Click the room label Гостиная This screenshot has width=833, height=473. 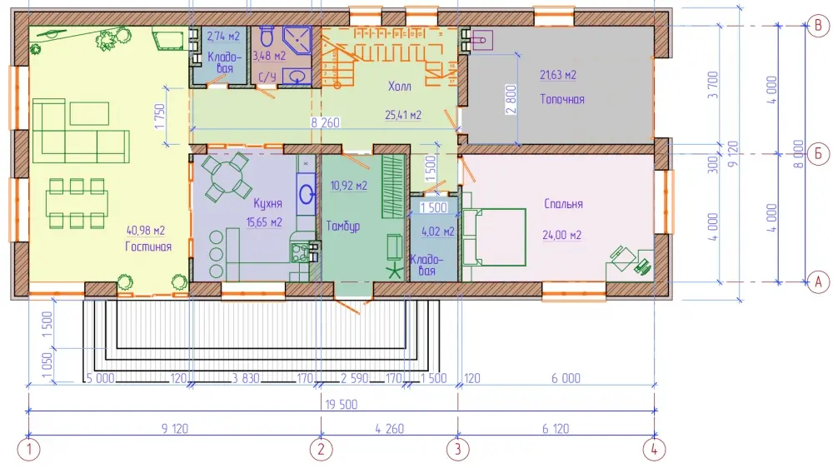point(148,246)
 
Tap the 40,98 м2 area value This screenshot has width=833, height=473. point(146,231)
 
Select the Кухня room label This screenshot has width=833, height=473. point(267,204)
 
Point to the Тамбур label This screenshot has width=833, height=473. point(343,227)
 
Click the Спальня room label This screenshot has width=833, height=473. point(563,204)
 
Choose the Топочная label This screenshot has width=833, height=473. point(562,99)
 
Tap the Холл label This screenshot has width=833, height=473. point(400,86)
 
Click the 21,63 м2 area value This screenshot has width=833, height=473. point(558,75)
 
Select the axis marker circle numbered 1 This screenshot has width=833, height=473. point(28,451)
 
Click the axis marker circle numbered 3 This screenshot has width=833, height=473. point(458,451)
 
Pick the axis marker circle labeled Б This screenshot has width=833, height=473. point(818,154)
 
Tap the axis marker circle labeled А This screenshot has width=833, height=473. point(818,282)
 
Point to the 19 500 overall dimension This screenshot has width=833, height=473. point(341,405)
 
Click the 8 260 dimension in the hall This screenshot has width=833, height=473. point(325,122)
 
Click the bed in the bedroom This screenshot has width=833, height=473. point(494,236)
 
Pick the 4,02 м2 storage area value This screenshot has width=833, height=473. point(438,232)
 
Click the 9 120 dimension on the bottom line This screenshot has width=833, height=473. point(175,429)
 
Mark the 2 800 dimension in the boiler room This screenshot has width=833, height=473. point(511,100)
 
